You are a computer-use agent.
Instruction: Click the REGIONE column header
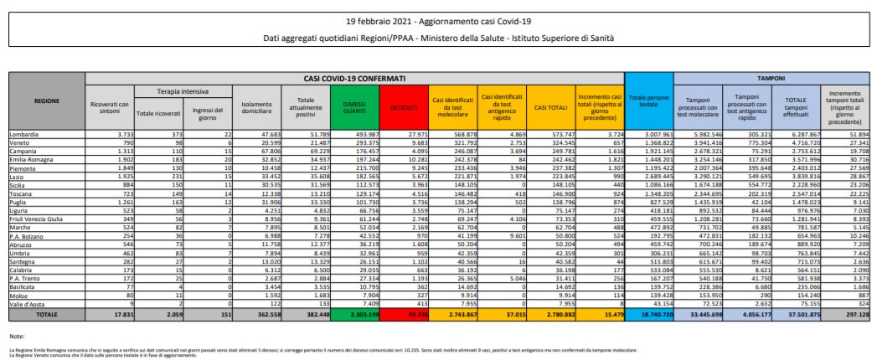[46, 100]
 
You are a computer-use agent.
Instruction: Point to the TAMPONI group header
[770, 77]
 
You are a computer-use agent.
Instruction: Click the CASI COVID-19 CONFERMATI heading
[353, 77]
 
